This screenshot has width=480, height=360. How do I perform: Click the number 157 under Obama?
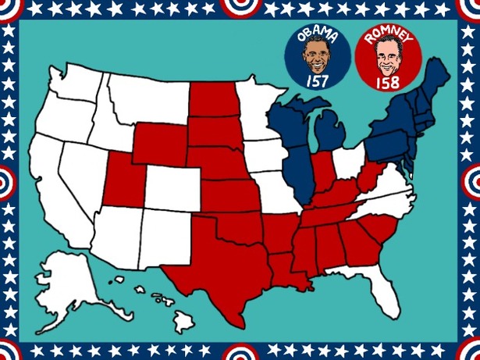coord(317,80)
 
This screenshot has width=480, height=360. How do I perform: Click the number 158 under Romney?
coord(386,81)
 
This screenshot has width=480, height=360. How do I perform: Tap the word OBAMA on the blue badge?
coord(317,34)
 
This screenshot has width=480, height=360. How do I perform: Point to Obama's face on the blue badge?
coord(317,56)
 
